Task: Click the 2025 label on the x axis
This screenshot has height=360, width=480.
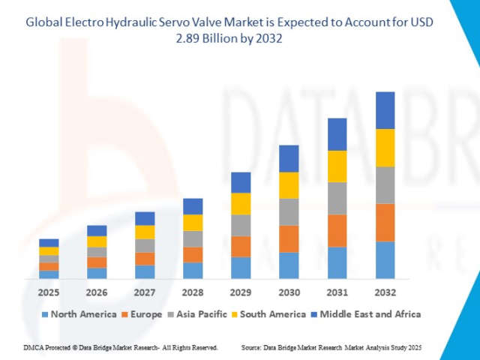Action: click(x=49, y=292)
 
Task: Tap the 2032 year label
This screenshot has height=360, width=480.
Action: click(x=385, y=292)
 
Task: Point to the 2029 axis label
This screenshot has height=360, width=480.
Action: click(x=241, y=292)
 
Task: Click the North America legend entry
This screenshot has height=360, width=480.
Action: click(x=79, y=314)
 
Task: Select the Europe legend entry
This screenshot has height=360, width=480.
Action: click(x=142, y=314)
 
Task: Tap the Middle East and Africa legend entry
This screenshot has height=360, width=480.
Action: click(x=365, y=314)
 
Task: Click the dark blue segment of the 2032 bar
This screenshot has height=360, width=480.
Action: click(x=385, y=110)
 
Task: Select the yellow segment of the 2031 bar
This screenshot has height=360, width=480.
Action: click(x=337, y=166)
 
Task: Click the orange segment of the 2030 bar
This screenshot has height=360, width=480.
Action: click(x=289, y=238)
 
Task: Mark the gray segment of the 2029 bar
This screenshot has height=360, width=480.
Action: click(x=241, y=225)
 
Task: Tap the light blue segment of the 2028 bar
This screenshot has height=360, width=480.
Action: click(x=193, y=271)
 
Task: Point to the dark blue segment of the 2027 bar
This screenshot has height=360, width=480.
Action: click(x=145, y=218)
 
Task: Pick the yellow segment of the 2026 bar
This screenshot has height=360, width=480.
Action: click(x=97, y=241)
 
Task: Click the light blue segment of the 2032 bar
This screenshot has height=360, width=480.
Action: click(x=385, y=260)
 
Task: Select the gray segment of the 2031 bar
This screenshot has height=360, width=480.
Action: click(x=337, y=198)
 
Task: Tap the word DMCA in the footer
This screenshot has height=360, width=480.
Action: click(x=34, y=348)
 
